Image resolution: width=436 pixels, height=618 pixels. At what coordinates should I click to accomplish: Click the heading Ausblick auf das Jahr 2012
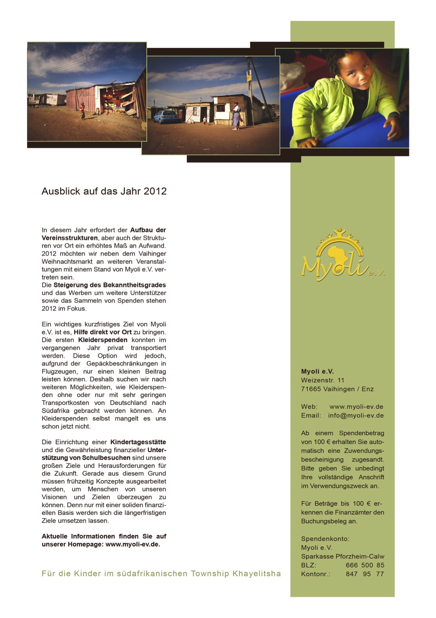(x=104, y=191)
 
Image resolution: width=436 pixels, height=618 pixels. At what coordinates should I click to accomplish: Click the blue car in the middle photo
(x=165, y=117)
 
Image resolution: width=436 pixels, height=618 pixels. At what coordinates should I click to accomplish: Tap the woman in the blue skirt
(x=235, y=116)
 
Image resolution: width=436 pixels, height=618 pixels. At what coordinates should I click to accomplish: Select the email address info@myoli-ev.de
(x=356, y=415)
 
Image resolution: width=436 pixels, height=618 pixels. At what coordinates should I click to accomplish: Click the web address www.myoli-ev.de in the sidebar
(x=356, y=407)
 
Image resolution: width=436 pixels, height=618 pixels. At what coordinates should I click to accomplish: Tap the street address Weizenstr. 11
(x=322, y=380)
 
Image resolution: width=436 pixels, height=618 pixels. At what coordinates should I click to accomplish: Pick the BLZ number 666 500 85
(x=365, y=565)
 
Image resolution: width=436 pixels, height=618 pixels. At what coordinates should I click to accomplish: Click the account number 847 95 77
(x=365, y=574)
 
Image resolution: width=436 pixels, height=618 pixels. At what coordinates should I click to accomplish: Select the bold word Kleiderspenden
(x=103, y=340)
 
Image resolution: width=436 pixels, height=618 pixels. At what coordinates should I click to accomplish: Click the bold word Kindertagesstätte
(x=138, y=442)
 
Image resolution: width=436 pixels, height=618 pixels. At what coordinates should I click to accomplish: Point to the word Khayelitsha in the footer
(x=257, y=574)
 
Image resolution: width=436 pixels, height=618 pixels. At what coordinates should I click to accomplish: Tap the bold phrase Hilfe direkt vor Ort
(x=102, y=332)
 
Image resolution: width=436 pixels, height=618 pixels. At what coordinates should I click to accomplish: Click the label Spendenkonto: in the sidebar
(x=325, y=539)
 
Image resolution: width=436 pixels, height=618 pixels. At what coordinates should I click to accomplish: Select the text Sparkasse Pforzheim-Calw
(x=342, y=556)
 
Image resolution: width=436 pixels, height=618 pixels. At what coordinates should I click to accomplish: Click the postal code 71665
(x=311, y=389)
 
